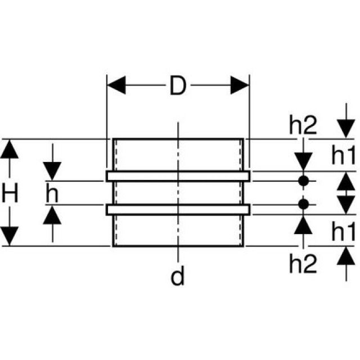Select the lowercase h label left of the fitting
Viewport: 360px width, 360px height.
coord(52,193)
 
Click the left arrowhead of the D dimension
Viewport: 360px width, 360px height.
coord(116,86)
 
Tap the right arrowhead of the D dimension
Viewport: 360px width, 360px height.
coord(240,86)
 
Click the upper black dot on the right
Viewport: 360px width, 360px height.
coord(303,181)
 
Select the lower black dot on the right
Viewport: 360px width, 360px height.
coord(303,204)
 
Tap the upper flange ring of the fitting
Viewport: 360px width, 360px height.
coord(178,176)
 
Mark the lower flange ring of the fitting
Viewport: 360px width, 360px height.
coord(178,209)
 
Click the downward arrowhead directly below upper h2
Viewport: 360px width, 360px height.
coord(303,161)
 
